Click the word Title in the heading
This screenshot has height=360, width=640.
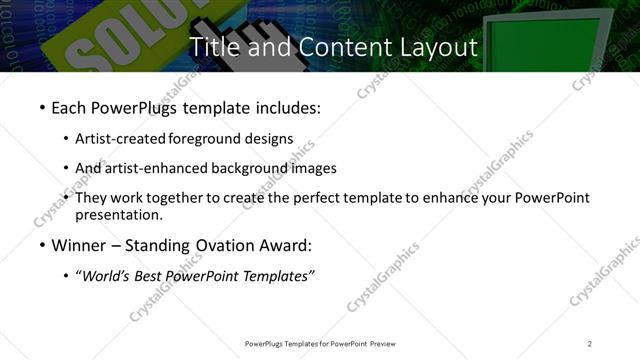(x=213, y=46)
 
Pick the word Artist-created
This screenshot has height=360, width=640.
(x=121, y=139)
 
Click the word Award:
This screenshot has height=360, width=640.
(x=284, y=245)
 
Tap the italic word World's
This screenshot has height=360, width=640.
(x=106, y=276)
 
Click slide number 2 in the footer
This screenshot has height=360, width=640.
(x=590, y=344)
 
